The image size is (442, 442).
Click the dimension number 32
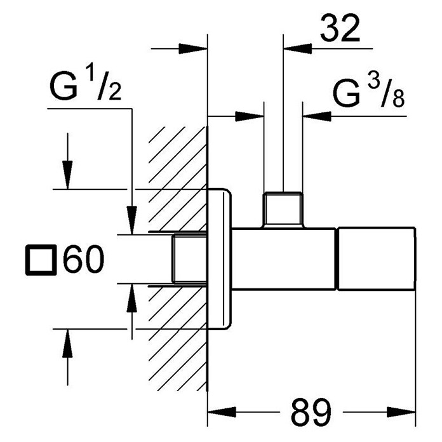click(340, 28)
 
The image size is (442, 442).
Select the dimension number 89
click(311, 412)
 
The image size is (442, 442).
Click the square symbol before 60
click(41, 260)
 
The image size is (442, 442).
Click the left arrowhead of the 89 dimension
click(222, 412)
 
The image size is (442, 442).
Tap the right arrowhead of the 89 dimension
click(401, 412)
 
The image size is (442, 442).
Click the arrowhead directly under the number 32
click(298, 48)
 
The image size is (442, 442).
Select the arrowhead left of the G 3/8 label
click(316, 116)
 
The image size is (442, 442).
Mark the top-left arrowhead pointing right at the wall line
click(193, 48)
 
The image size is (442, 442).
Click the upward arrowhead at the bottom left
click(67, 344)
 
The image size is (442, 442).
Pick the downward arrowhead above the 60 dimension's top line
click(67, 175)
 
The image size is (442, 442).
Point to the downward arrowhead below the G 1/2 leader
click(131, 220)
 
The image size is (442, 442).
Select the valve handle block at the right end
click(377, 258)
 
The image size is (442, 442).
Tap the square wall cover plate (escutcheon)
click(219, 258)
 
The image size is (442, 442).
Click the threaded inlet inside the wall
click(189, 258)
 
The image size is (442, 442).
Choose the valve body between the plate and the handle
click(284, 258)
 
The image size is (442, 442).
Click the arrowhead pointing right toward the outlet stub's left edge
click(250, 116)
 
